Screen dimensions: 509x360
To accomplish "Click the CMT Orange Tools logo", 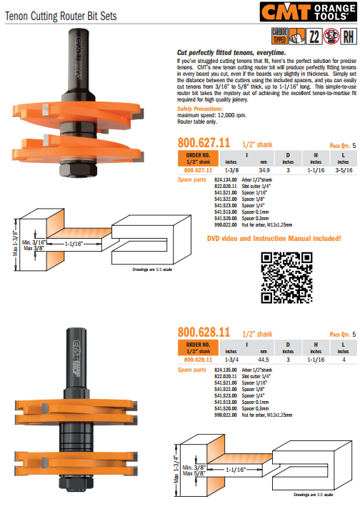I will [x=314, y=13].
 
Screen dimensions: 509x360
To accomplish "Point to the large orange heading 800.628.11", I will [x=204, y=332].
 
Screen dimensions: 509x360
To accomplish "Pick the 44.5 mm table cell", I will [x=264, y=360].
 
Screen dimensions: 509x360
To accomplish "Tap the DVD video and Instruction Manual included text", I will [x=274, y=238].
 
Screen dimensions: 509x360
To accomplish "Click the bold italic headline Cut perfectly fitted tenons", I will [x=230, y=53].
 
